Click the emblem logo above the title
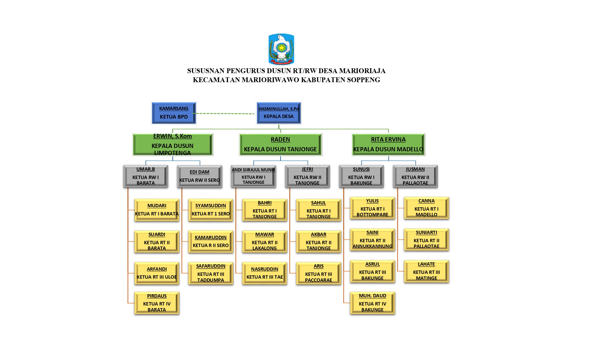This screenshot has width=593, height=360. (281, 49)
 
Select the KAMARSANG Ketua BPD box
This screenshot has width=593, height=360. (174, 113)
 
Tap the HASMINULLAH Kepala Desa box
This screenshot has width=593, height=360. (279, 113)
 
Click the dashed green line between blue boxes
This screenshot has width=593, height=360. (224, 114)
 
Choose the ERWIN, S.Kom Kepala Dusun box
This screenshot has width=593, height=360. (173, 145)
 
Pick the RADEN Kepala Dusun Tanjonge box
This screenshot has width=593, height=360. (280, 145)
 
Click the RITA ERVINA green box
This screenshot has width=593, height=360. (388, 145)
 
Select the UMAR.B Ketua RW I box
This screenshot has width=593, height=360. (146, 176)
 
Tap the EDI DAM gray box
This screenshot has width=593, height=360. (200, 176)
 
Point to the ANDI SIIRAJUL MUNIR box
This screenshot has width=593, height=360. (254, 176)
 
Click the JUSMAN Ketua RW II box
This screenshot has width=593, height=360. (415, 176)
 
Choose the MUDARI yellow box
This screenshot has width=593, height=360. (157, 210)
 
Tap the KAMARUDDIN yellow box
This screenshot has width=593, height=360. (211, 242)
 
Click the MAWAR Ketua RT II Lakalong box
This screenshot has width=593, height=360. (265, 242)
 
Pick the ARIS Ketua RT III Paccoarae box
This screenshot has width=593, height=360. (319, 273)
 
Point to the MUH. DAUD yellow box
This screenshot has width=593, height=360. (372, 303)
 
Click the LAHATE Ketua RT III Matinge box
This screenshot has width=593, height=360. (426, 271)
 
